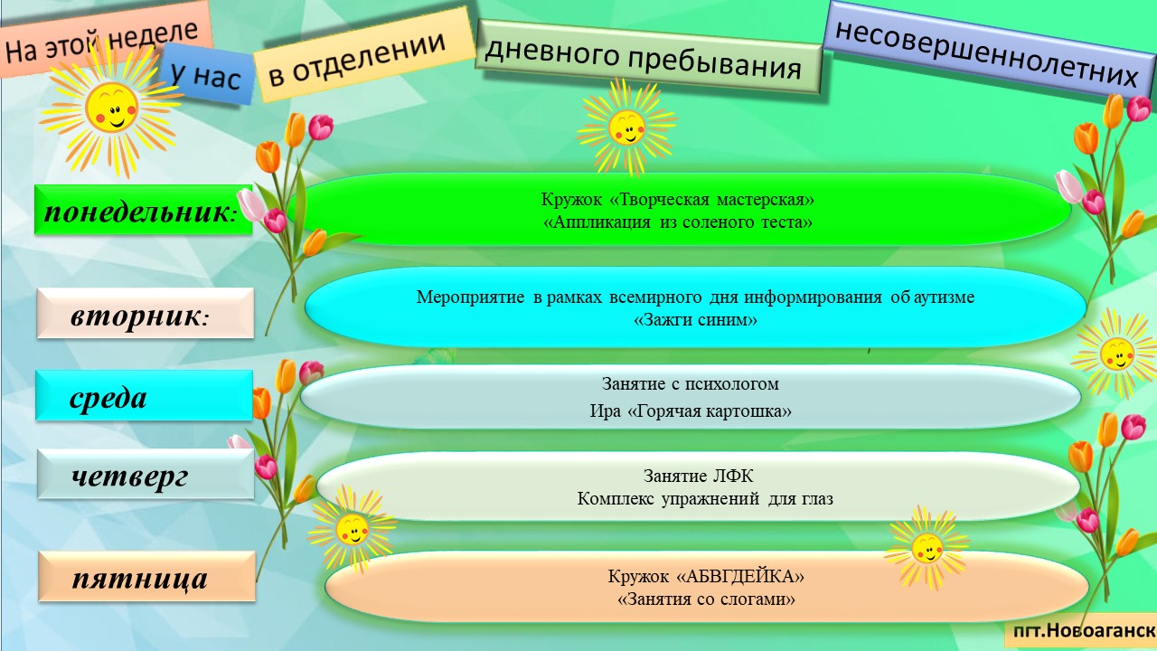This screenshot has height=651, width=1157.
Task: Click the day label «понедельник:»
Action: [143, 211]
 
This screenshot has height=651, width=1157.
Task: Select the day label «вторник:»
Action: [146, 314]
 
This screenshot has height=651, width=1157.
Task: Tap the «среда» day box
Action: [144, 395]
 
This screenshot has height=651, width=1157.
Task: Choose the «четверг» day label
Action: [146, 474]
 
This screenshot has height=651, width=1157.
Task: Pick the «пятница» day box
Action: [146, 576]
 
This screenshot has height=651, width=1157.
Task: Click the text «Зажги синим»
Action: [695, 320]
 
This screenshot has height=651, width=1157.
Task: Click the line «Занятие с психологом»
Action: [690, 384]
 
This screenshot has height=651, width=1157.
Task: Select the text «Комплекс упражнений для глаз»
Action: [704, 499]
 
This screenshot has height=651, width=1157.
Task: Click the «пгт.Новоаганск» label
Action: [1084, 630]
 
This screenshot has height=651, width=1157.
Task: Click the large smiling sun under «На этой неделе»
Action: [110, 108]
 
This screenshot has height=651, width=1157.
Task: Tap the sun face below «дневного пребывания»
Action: [626, 127]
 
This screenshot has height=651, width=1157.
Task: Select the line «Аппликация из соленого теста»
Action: [678, 222]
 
